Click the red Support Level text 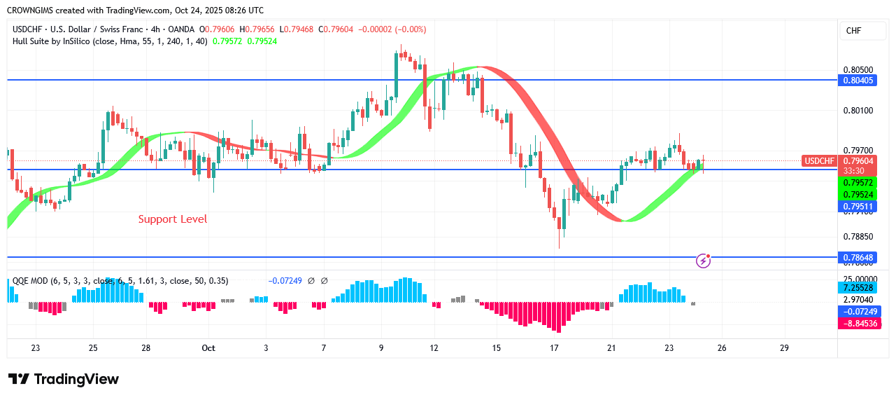point(173,219)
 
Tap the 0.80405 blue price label point(858,81)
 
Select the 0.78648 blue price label point(858,258)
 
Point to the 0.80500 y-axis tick point(858,70)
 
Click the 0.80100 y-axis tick point(858,111)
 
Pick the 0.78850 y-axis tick point(858,237)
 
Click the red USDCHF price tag point(820,161)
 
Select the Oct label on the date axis point(208,348)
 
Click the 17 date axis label point(554,348)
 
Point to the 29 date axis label point(784,348)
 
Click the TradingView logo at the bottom point(64,379)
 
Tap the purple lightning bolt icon point(704,261)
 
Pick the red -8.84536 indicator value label point(858,324)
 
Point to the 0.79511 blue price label point(858,207)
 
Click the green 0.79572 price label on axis point(858,182)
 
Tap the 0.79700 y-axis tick point(858,151)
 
